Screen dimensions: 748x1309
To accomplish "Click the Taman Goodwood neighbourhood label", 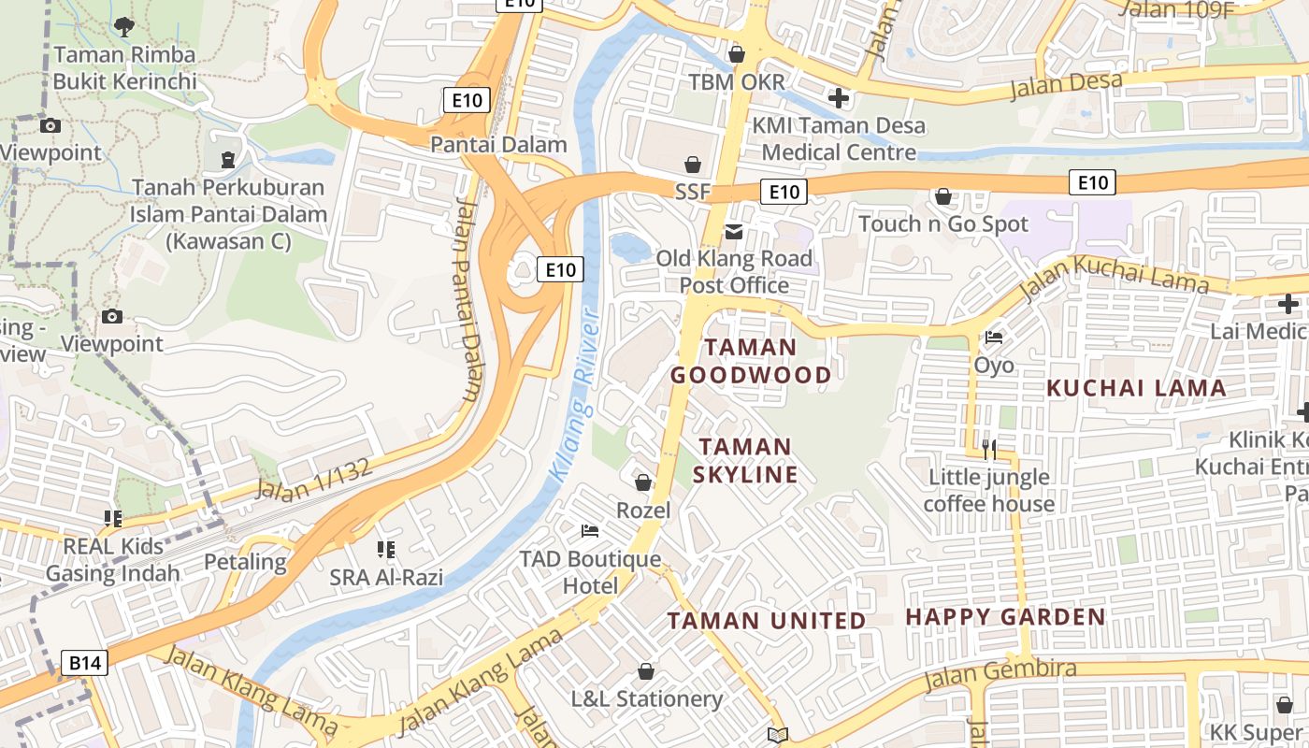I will click(750, 361).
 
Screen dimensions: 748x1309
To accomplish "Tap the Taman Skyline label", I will click(745, 460).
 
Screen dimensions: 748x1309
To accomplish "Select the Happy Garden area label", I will click(1005, 617).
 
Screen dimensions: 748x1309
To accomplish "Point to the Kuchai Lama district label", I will click(1135, 388).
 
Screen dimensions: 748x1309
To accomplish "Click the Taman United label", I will click(766, 621).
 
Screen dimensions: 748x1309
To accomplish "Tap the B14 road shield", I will click(85, 663).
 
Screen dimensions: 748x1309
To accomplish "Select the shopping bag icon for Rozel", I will click(643, 482).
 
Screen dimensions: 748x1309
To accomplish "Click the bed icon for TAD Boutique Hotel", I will click(590, 531).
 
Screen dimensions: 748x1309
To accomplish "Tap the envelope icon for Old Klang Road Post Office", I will click(734, 231).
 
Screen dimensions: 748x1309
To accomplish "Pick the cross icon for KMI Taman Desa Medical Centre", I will click(839, 97).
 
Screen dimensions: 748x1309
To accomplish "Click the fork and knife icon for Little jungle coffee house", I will click(988, 450).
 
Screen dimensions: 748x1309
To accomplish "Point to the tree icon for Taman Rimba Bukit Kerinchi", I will click(123, 26).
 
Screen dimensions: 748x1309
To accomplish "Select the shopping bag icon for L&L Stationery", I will click(645, 671).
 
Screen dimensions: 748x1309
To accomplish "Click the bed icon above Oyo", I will click(994, 338).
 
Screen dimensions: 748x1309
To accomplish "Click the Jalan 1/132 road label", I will click(314, 479).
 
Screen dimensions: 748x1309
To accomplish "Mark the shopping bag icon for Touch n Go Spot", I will click(943, 196).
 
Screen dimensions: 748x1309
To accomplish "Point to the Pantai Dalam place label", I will click(498, 144).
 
